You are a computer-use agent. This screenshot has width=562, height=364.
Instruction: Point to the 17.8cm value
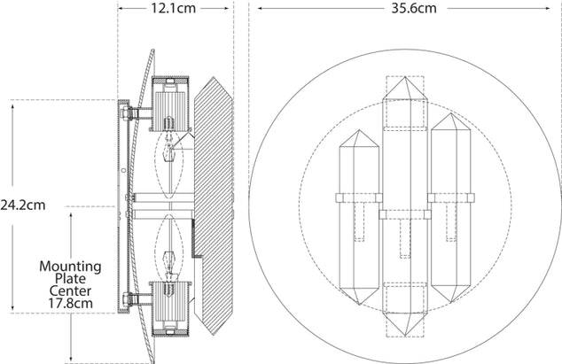click(70, 302)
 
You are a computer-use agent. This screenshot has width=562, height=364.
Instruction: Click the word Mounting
click(70, 266)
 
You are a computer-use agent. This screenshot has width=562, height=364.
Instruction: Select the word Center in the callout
click(70, 290)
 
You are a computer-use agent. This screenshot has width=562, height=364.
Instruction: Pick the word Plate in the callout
click(70, 278)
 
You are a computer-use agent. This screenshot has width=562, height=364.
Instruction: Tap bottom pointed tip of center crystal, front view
click(405, 337)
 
